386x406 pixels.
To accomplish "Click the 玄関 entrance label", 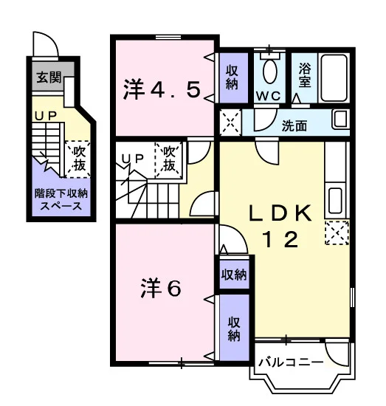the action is [x=49, y=78].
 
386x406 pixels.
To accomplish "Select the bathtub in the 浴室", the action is [x=334, y=78].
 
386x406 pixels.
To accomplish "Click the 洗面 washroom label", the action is [x=294, y=125].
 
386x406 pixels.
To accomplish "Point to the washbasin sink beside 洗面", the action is [x=340, y=120].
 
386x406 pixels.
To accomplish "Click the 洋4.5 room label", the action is [x=162, y=90].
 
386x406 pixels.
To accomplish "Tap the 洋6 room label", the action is [x=161, y=288].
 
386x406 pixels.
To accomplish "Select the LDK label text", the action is [x=280, y=213].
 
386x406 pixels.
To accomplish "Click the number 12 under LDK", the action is [x=280, y=239].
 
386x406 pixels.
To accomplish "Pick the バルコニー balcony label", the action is [x=292, y=362].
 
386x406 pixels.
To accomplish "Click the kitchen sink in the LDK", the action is [x=335, y=200].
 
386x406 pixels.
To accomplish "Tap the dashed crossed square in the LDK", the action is [x=337, y=233].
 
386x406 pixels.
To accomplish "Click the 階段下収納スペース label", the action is [x=61, y=199].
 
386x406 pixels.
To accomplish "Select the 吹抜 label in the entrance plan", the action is [x=79, y=158].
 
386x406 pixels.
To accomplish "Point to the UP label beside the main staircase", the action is [x=133, y=159].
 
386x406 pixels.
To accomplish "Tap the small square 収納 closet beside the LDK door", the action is [x=234, y=275].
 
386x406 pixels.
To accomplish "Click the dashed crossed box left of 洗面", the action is [x=230, y=123].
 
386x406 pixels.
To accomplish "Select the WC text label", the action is [x=269, y=96].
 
